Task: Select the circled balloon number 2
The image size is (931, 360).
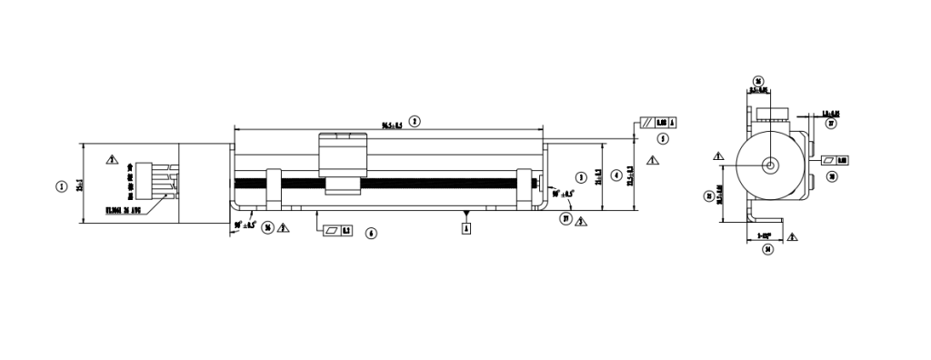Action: point(415,120)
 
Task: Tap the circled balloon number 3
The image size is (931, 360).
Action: point(582,175)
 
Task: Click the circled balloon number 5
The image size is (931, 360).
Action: point(663,139)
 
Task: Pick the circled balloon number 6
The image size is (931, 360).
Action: point(370,233)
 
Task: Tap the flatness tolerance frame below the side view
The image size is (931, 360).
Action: point(338,231)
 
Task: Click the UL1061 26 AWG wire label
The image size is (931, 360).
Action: point(125,209)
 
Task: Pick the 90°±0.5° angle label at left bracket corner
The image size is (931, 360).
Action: point(245,224)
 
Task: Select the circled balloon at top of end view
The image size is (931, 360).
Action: point(758,80)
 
